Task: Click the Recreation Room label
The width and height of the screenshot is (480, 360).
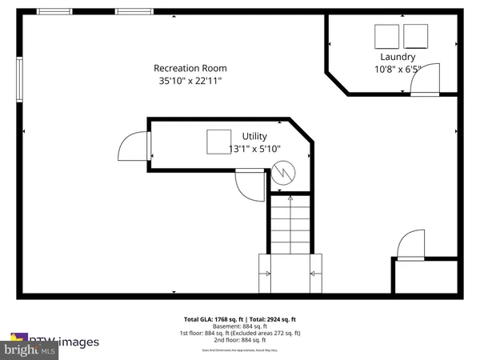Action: point(190,68)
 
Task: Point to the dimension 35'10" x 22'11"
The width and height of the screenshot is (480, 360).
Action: point(190,81)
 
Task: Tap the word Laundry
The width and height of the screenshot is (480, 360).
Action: point(397,57)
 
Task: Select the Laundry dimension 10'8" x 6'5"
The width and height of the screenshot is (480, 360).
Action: point(397,70)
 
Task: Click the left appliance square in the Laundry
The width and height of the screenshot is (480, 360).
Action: point(387,36)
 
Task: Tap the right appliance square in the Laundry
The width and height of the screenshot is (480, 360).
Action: point(416,36)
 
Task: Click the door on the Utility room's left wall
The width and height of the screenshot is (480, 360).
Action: point(133,148)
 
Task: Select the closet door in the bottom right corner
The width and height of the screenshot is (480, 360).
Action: point(411,246)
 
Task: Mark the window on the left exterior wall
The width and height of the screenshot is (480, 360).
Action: point(20,81)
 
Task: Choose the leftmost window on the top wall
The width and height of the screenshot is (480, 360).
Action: point(53,11)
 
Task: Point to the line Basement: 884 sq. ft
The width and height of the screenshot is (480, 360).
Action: point(240,326)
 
